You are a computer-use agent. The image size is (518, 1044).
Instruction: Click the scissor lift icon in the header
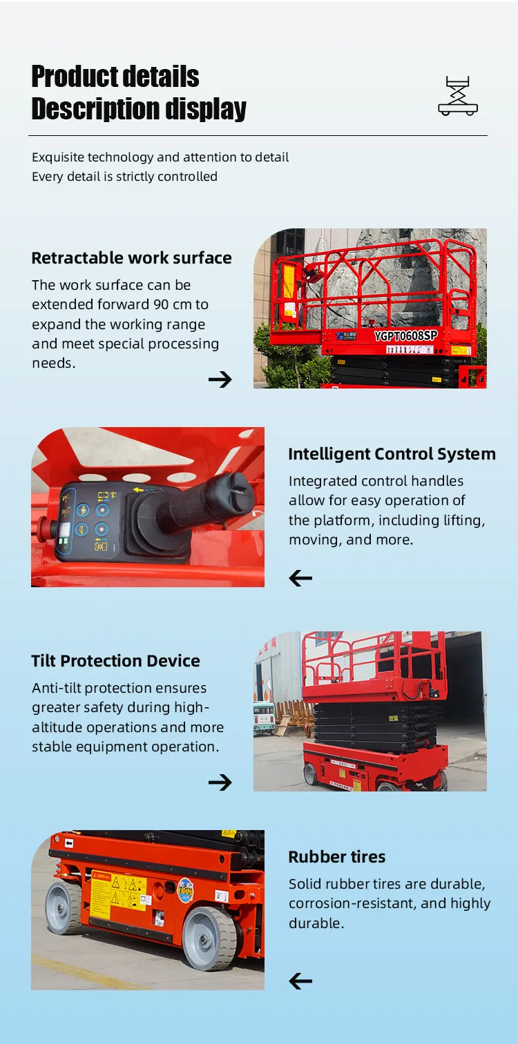(458, 96)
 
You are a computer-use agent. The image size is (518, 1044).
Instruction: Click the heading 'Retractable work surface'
(131, 258)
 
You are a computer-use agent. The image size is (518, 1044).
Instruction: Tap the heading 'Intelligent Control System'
(392, 454)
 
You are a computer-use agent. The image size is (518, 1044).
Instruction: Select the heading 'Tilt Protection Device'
(115, 661)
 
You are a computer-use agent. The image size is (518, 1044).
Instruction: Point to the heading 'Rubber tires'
(337, 857)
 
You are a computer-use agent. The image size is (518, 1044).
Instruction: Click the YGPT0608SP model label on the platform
(405, 336)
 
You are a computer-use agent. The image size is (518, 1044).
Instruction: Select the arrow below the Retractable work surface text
(220, 379)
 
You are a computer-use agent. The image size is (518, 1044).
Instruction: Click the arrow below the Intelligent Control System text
(300, 578)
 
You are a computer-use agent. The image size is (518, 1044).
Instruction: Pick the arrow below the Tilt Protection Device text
(220, 782)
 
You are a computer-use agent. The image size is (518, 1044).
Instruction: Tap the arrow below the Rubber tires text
(300, 981)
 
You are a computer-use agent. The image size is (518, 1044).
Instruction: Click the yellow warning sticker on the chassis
(118, 894)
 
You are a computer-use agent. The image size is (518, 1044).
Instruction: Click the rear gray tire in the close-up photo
(64, 907)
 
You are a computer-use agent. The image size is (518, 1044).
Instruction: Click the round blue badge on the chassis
(185, 890)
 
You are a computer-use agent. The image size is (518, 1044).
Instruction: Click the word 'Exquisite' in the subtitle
(58, 157)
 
